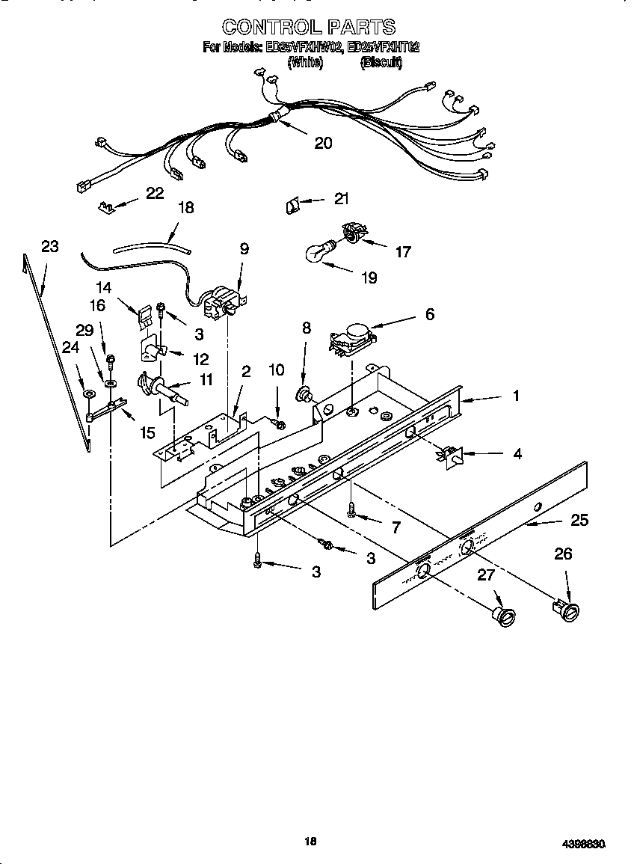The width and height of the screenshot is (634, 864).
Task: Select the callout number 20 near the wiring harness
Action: click(x=323, y=143)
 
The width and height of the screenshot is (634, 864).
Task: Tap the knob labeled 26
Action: click(x=565, y=610)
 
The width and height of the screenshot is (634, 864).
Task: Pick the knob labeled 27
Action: click(x=503, y=615)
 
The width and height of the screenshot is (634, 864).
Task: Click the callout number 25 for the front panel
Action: click(x=579, y=520)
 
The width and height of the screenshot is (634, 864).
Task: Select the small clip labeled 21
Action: click(x=292, y=204)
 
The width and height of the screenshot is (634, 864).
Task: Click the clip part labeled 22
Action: click(x=108, y=206)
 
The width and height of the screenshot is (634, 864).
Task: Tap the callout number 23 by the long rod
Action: click(x=49, y=247)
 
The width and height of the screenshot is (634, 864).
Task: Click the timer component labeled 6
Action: click(x=351, y=337)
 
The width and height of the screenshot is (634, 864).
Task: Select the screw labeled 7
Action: click(x=351, y=510)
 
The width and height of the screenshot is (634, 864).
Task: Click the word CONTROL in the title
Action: click(x=267, y=28)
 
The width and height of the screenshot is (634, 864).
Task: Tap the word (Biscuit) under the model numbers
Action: click(x=381, y=64)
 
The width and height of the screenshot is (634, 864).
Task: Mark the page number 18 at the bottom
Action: click(x=310, y=842)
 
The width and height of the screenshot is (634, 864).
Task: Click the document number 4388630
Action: click(x=583, y=844)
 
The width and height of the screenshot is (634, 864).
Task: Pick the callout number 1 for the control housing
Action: click(x=515, y=396)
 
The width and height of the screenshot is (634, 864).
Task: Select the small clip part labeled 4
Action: click(x=451, y=456)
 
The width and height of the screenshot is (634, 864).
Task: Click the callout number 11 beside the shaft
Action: click(x=206, y=380)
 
